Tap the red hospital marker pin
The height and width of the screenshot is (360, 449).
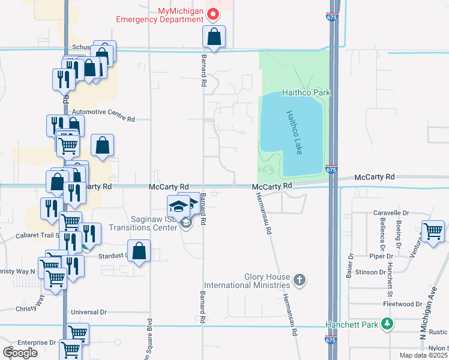(212, 13)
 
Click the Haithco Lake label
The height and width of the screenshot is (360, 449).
(292, 132)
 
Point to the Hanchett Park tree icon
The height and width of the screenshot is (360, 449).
(388, 325)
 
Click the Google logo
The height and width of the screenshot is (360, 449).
(20, 353)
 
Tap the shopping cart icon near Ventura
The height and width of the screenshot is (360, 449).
(432, 231)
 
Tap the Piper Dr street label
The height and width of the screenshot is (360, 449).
(381, 256)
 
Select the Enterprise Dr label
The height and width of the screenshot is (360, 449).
(37, 343)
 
